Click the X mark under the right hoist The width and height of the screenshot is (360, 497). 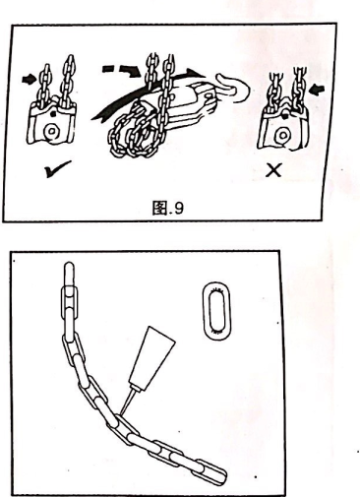[x=273, y=170]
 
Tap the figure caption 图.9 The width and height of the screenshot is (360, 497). [x=167, y=208]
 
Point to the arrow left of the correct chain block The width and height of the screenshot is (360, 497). [x=30, y=80]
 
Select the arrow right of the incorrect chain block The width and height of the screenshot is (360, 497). [x=318, y=89]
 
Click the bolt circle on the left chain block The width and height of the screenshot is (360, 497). [x=51, y=131]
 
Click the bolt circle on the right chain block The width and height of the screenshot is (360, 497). [x=281, y=135]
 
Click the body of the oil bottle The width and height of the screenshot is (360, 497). [x=150, y=356]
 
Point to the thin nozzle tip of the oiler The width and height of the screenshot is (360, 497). [x=121, y=412]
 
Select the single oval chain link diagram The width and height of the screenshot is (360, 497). [x=216, y=311]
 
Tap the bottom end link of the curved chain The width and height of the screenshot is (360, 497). [x=213, y=471]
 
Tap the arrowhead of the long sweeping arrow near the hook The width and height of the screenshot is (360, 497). [x=196, y=73]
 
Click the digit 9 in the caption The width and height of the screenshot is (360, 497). [x=177, y=208]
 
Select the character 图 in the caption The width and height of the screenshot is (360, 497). [x=159, y=208]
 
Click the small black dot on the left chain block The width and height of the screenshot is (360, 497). [x=53, y=114]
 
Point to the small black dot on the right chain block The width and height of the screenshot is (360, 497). [x=285, y=116]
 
